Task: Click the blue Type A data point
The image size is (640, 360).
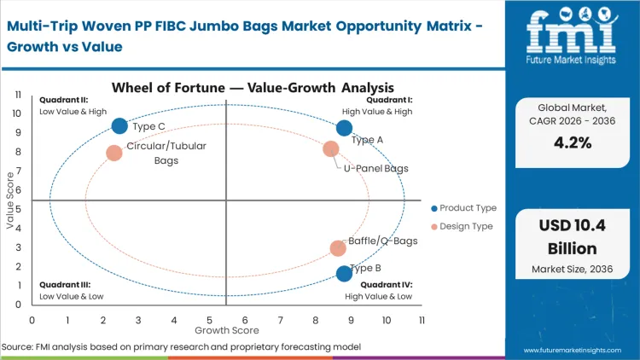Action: (344, 128)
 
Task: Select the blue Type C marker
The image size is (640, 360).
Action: (119, 126)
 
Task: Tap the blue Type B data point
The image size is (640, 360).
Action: (344, 273)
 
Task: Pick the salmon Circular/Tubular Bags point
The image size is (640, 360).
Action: (114, 153)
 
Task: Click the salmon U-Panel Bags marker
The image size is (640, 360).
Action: (331, 149)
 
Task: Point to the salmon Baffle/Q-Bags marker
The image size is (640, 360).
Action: (338, 248)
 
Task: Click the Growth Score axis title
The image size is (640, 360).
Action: (227, 329)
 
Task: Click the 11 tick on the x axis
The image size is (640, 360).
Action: (422, 320)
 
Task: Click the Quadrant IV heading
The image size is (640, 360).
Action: (387, 285)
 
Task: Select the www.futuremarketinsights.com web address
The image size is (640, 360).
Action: (573, 350)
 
